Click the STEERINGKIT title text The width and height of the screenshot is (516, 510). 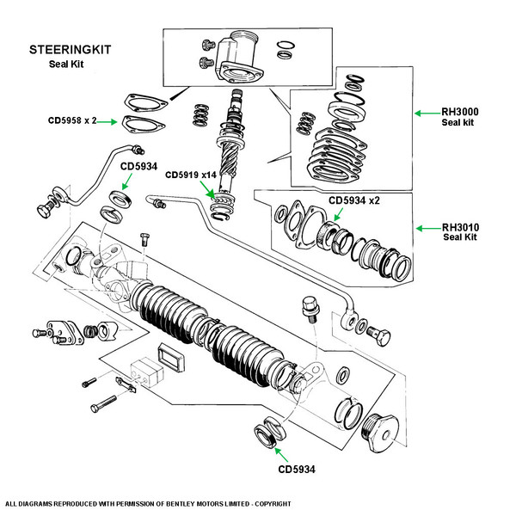(x=71, y=50)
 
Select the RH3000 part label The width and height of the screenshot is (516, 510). (x=460, y=112)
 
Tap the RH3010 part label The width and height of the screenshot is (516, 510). (x=460, y=227)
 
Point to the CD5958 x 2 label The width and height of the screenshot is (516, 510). (x=72, y=120)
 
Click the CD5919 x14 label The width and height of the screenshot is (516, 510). (x=191, y=175)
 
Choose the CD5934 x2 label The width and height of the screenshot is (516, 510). (x=354, y=200)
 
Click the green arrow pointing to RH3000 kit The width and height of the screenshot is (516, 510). (x=427, y=114)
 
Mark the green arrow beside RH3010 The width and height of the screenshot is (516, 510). (x=429, y=229)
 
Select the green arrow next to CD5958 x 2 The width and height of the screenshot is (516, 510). (x=107, y=122)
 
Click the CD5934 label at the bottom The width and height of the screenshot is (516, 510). (x=297, y=470)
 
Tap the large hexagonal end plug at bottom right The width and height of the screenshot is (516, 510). (x=380, y=433)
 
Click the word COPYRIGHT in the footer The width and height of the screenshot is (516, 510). (x=273, y=504)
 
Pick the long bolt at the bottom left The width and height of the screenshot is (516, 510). (x=103, y=404)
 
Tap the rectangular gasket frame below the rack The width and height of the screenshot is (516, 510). (x=171, y=357)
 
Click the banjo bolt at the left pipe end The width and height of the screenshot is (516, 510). (x=46, y=207)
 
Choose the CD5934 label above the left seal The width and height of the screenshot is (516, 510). (x=138, y=166)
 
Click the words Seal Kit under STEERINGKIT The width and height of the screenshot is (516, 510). (x=66, y=64)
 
